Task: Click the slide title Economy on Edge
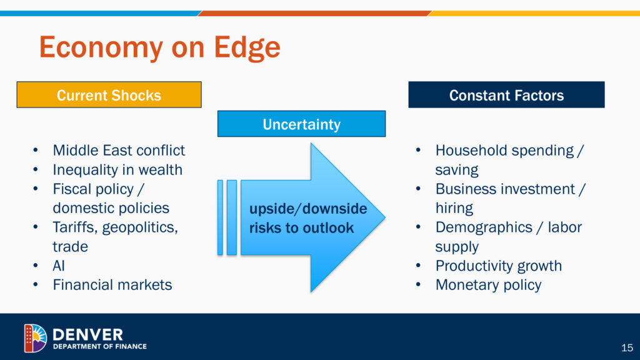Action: tap(159, 47)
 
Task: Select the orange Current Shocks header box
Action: tap(109, 95)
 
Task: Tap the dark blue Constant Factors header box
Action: tap(506, 95)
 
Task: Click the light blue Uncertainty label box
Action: tap(301, 124)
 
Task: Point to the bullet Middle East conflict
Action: tap(119, 150)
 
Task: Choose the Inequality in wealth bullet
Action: tap(117, 169)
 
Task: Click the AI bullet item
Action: tap(59, 266)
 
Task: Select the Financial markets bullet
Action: tap(112, 285)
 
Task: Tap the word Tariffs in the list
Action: tap(76, 227)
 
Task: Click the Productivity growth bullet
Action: tap(498, 266)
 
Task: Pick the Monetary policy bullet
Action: tap(488, 285)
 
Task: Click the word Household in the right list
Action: tap(470, 150)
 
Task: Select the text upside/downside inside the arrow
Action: tap(308, 208)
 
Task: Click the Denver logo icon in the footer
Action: tap(35, 338)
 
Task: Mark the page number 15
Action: tap(627, 347)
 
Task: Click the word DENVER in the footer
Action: tap(87, 334)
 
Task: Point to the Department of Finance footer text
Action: tap(99, 346)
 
